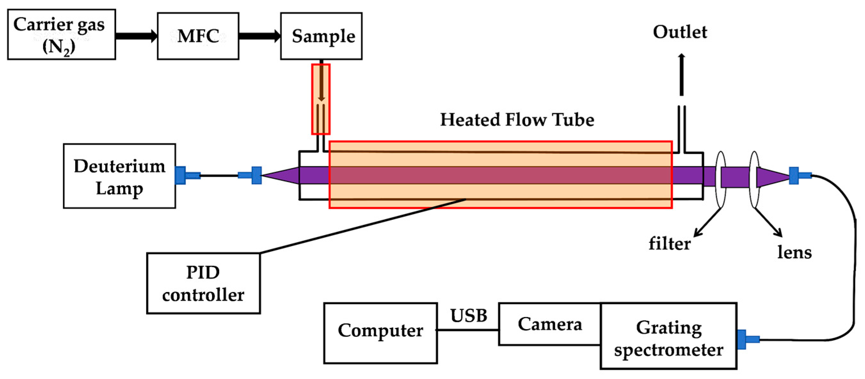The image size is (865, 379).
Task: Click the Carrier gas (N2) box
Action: [61, 35]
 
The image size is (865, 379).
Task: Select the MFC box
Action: [198, 36]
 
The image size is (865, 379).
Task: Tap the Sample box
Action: [321, 36]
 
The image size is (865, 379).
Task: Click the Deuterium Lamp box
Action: [120, 176]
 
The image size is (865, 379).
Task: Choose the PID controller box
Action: [203, 283]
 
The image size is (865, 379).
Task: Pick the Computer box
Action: [380, 333]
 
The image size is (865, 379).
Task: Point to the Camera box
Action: [550, 324]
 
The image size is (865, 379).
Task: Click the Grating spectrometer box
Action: [669, 336]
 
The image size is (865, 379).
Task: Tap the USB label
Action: [469, 316]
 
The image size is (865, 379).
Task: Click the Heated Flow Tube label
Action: [517, 120]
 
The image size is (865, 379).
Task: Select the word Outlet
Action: [680, 32]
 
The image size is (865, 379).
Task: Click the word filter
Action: [670, 243]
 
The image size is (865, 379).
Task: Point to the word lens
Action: [795, 252]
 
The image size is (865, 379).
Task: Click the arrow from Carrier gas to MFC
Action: [137, 36]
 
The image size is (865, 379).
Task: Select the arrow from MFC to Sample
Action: [259, 36]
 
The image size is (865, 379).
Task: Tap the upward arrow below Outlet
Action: [681, 74]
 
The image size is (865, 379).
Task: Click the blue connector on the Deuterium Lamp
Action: [187, 175]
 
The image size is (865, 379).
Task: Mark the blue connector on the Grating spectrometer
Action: [748, 339]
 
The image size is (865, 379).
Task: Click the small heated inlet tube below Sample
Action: [321, 99]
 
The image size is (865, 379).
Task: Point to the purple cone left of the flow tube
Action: [280, 175]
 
